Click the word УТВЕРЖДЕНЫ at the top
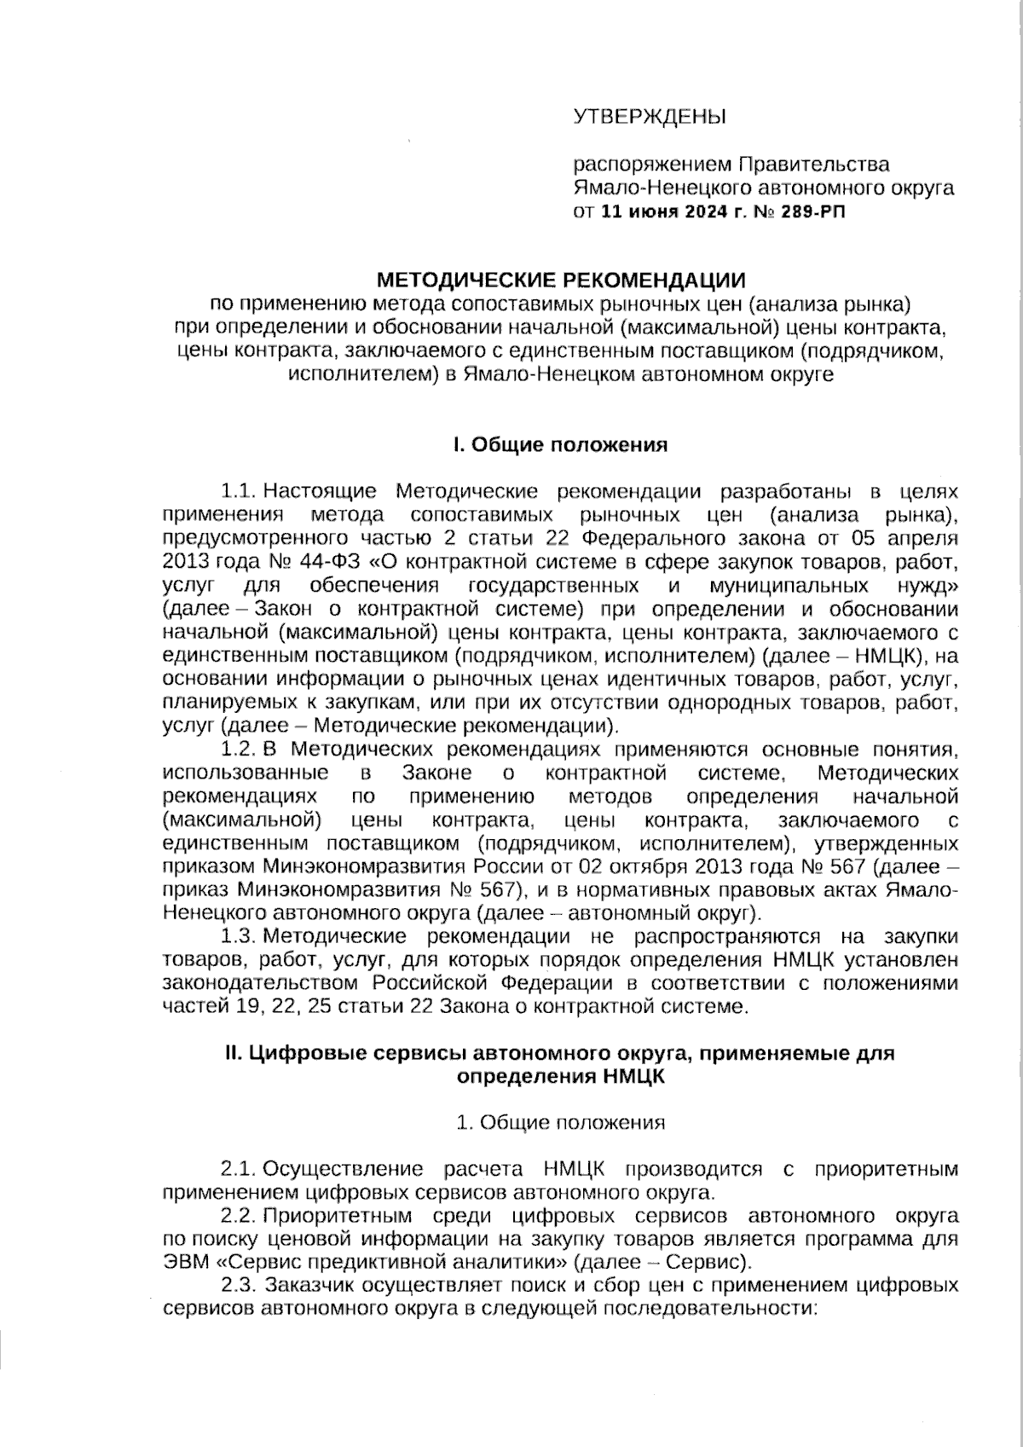(x=648, y=116)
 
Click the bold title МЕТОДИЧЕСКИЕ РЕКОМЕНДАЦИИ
(x=561, y=280)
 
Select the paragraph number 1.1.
(x=239, y=492)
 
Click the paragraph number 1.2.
(x=239, y=750)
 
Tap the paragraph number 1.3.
(x=239, y=936)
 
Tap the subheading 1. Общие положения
(x=560, y=1122)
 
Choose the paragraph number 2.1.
(x=239, y=1168)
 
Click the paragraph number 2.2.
(x=239, y=1215)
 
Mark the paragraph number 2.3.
(x=239, y=1285)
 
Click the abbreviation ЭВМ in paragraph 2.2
(x=182, y=1261)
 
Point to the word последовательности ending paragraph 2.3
(x=707, y=1308)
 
